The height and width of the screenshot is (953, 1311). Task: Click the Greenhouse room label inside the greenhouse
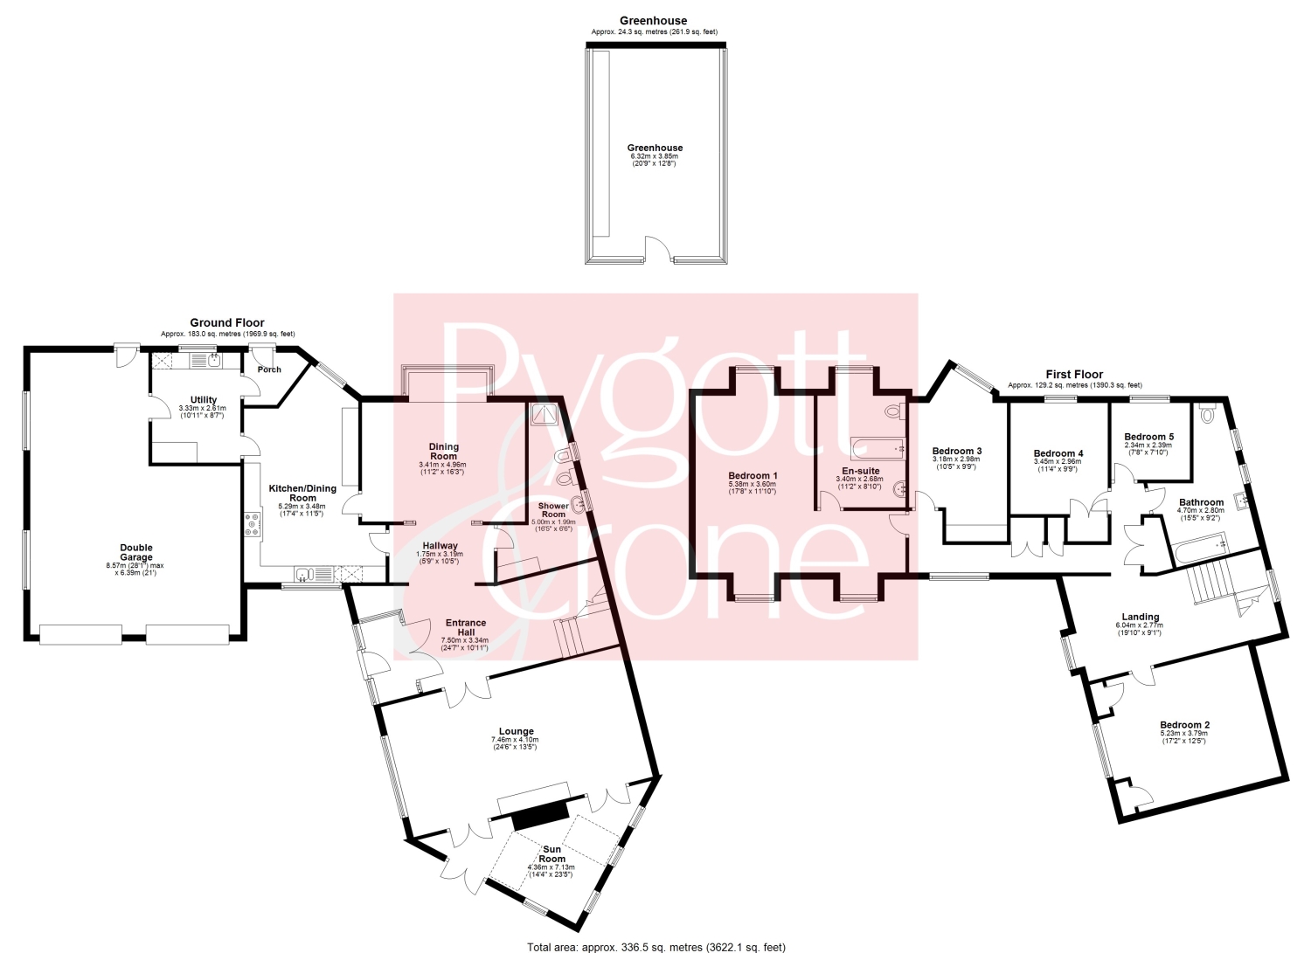655,148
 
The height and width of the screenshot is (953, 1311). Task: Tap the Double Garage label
136,553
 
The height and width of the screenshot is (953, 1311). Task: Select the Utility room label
203,400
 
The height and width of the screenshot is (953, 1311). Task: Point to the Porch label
269,369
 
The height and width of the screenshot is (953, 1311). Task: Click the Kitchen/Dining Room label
302,494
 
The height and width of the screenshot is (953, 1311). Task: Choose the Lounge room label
517,731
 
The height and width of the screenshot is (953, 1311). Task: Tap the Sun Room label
551,854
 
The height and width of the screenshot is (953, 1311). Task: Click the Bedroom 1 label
753,475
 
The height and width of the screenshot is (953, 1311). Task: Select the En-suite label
860,471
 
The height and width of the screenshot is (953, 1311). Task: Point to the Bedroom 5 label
1149,437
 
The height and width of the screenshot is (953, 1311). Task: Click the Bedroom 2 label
1185,725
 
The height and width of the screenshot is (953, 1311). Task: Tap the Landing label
1141,617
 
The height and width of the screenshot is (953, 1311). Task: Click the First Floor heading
1074,375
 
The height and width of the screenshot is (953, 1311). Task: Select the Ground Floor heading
227,322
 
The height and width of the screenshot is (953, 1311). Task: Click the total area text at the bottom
656,947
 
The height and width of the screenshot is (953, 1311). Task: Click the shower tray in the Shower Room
545,415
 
